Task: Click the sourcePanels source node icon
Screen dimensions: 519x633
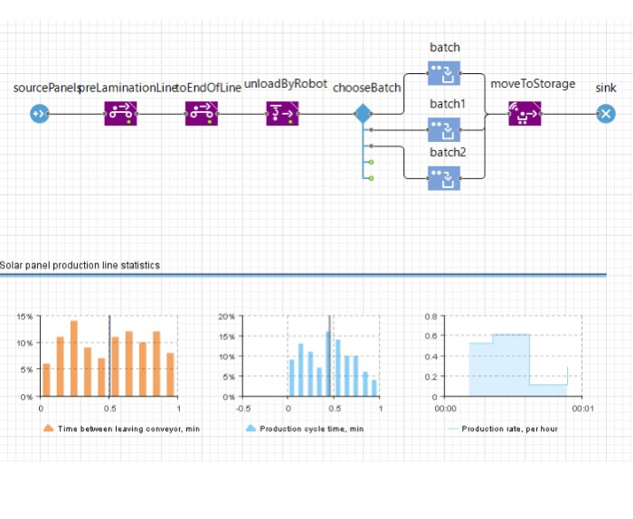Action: (x=38, y=114)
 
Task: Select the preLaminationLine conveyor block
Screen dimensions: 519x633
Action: (x=120, y=114)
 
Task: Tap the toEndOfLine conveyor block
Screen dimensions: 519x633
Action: (x=201, y=114)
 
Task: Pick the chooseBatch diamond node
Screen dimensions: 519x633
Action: (x=363, y=114)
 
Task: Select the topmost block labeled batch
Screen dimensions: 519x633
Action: (x=444, y=74)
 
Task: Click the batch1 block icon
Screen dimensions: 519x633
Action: (x=444, y=130)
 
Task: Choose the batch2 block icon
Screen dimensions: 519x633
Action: (x=444, y=178)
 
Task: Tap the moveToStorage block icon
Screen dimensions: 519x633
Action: (x=524, y=114)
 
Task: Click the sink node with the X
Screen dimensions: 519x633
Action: (x=606, y=114)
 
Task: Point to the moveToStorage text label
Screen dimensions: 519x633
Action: (x=533, y=84)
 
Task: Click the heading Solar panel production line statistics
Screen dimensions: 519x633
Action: (x=80, y=266)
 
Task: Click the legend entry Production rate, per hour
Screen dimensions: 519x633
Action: (x=509, y=429)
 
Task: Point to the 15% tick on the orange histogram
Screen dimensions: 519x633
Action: (x=24, y=316)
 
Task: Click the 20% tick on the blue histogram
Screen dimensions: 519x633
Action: (x=227, y=316)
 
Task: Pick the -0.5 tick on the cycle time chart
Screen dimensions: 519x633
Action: (x=241, y=408)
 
